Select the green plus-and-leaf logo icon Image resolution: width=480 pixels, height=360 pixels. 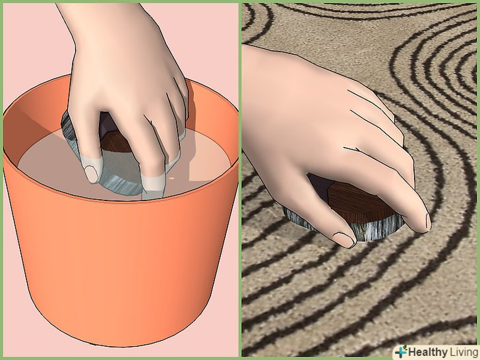pyautogui.click(x=401, y=351)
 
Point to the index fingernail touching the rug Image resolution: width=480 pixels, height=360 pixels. pyautogui.click(x=427, y=222)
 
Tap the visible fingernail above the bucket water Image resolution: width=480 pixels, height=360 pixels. pyautogui.click(x=91, y=174)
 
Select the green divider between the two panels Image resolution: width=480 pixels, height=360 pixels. pyautogui.click(x=240, y=180)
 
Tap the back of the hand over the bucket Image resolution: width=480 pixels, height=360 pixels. pyautogui.click(x=123, y=61)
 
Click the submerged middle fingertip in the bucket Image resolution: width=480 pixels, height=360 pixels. pyautogui.click(x=152, y=183)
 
